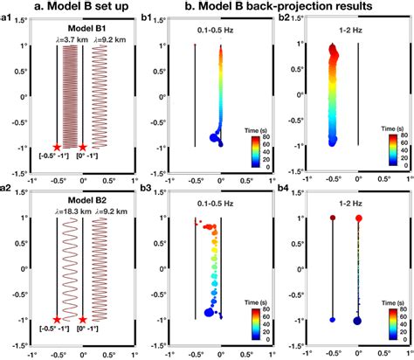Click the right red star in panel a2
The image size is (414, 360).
(x=83, y=321)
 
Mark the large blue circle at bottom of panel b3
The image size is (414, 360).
(x=209, y=311)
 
